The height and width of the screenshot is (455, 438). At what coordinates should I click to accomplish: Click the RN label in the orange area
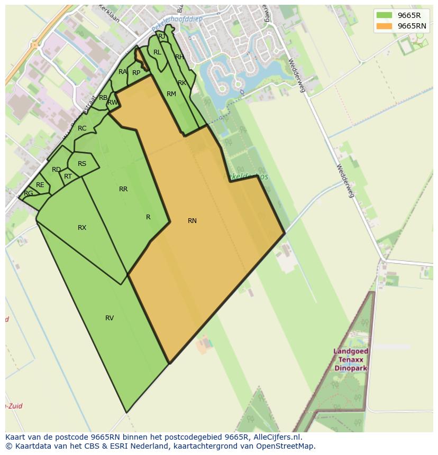point(192,221)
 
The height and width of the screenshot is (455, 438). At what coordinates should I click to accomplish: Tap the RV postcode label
point(109,318)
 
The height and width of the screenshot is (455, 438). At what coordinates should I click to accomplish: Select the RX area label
point(82,228)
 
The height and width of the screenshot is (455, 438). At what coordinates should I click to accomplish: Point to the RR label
point(123,189)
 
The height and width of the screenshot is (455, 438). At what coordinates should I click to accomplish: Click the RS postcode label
point(82,164)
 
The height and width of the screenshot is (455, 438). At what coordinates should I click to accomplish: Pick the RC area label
point(82,128)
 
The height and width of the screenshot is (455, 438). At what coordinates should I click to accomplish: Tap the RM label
point(171,94)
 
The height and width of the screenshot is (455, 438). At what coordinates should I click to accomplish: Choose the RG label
point(29,193)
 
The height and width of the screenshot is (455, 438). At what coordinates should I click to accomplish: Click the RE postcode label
point(40,185)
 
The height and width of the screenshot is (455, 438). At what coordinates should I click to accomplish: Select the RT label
point(68,177)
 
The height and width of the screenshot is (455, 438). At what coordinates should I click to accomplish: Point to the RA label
point(123,72)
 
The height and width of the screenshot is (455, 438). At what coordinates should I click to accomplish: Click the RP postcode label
point(136,73)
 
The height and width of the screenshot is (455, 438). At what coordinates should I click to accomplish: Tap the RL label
point(157,52)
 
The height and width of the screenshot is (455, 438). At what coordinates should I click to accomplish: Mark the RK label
point(182,83)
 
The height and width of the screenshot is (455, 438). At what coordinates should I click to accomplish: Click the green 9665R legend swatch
point(384,15)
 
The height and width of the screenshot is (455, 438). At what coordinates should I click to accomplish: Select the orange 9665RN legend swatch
point(384,26)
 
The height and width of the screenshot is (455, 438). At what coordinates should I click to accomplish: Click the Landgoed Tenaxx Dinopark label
point(351,360)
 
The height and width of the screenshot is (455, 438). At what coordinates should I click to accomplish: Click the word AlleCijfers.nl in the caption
point(276,437)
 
